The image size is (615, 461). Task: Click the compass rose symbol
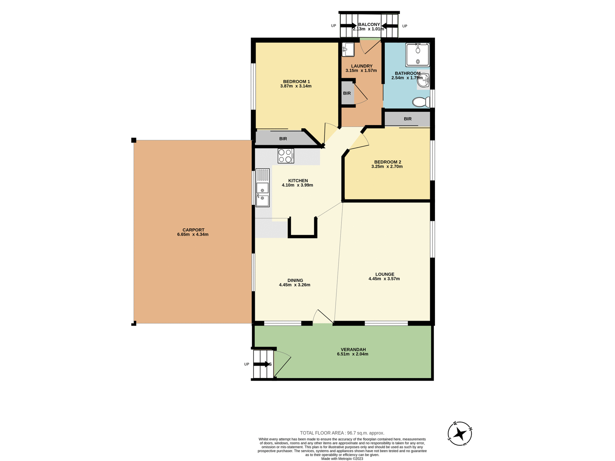460,434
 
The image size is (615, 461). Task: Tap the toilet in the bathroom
421,102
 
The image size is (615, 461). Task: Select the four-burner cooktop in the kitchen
286,156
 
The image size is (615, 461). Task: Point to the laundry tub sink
348,49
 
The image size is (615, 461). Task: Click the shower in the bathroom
417,55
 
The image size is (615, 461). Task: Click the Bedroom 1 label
296,81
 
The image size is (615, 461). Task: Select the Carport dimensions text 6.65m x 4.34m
193,234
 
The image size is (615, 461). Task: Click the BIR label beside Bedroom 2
407,119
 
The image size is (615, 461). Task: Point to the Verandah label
353,350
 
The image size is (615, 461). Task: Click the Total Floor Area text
342,433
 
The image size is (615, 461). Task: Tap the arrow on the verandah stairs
262,364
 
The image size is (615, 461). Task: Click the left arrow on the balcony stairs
348,26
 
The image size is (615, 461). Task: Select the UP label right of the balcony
405,26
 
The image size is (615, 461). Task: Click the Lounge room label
385,274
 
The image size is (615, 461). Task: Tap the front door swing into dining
323,317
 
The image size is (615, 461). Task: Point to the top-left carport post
134,140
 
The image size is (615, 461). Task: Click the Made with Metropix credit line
342,459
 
